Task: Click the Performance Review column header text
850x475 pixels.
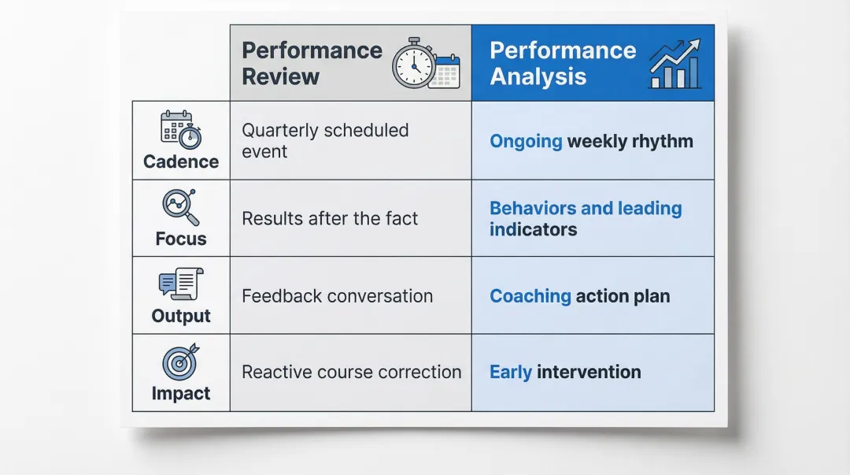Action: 312,64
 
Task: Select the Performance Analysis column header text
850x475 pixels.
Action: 563,64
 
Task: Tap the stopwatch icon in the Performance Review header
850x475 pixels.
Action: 414,62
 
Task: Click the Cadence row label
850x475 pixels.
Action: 181,161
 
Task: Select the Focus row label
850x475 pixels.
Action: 181,239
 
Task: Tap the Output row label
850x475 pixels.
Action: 181,316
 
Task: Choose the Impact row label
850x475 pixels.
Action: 181,393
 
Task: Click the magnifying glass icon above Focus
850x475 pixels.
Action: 181,207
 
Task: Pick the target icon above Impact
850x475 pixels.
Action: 181,362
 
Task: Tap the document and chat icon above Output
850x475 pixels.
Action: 181,284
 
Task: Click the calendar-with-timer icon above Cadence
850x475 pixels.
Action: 181,130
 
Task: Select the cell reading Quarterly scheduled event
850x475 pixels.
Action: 325,140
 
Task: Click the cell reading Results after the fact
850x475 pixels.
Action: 330,218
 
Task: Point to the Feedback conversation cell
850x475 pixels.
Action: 337,296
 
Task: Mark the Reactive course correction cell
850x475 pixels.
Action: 351,372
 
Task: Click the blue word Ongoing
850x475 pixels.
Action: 526,142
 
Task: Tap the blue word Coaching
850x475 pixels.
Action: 530,296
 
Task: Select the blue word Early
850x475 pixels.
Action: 511,372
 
